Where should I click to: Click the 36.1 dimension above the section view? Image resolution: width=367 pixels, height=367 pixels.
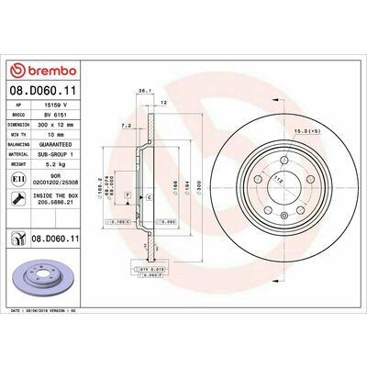point(142,91)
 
